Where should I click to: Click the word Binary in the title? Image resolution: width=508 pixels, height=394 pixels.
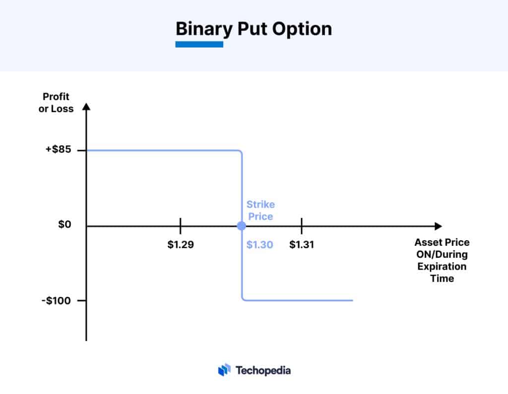pyautogui.click(x=203, y=29)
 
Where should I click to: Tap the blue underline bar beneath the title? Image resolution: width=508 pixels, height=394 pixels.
pyautogui.click(x=199, y=45)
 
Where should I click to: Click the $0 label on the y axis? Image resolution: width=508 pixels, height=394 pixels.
pyautogui.click(x=64, y=225)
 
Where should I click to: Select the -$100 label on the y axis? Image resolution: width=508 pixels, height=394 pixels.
pyautogui.click(x=58, y=300)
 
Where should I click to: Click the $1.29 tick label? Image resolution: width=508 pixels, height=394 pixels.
pyautogui.click(x=180, y=245)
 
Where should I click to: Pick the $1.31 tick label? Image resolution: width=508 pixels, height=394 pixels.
pyautogui.click(x=302, y=245)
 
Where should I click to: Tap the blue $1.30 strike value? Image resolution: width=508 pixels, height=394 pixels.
pyautogui.click(x=259, y=245)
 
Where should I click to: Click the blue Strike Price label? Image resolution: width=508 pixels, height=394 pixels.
pyautogui.click(x=260, y=210)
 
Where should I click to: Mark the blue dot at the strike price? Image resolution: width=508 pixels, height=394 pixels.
pyautogui.click(x=241, y=226)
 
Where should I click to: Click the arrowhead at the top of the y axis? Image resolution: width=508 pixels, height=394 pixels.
pyautogui.click(x=86, y=107)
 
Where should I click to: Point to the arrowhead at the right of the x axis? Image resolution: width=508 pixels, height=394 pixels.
pyautogui.click(x=438, y=226)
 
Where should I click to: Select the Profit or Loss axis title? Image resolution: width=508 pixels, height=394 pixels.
pyautogui.click(x=56, y=103)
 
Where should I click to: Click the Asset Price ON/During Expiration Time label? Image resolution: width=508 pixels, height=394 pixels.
pyautogui.click(x=442, y=261)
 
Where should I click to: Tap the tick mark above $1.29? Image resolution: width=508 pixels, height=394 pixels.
pyautogui.click(x=180, y=226)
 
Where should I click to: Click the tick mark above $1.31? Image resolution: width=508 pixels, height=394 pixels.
pyautogui.click(x=302, y=226)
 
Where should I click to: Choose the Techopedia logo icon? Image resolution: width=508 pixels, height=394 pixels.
pyautogui.click(x=224, y=370)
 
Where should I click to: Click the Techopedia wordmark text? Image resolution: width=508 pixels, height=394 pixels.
pyautogui.click(x=263, y=370)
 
